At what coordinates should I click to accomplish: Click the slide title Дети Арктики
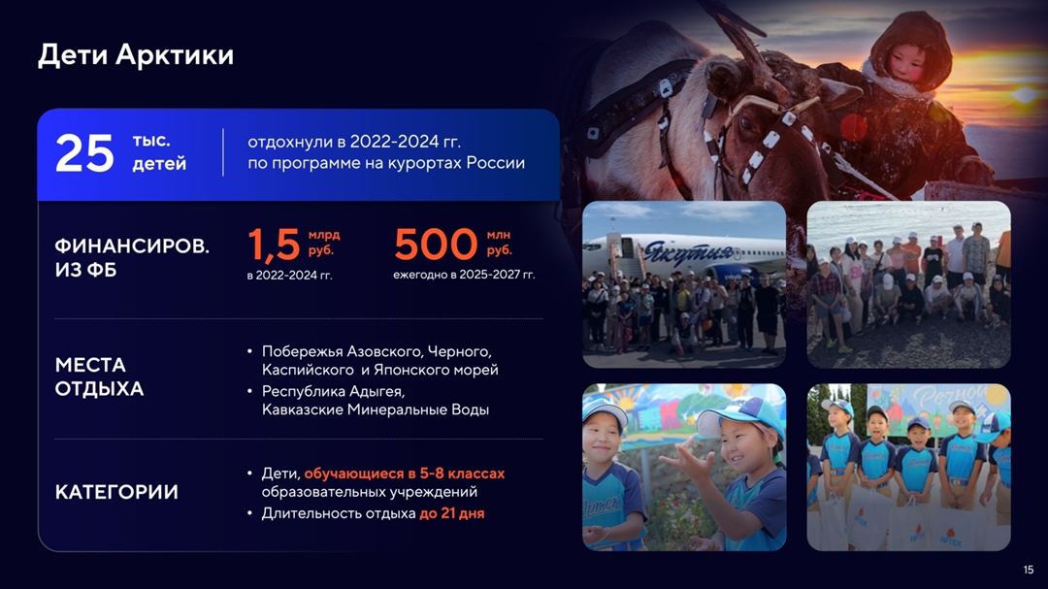136,54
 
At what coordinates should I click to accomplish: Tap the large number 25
84,153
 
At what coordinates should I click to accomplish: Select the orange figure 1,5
274,244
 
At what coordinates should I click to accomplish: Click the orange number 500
436,244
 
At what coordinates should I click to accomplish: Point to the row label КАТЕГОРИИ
116,492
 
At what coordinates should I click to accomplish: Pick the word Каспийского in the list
308,370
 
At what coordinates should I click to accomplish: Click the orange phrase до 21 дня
452,513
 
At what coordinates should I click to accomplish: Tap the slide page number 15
1028,570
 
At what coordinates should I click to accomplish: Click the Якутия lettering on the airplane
688,253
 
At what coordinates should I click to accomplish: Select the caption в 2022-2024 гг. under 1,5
289,275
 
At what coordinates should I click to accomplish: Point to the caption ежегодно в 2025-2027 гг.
464,274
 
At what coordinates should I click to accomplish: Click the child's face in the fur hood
907,61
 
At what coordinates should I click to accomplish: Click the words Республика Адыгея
333,391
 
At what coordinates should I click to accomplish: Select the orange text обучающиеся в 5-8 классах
405,474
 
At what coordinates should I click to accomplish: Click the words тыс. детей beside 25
159,152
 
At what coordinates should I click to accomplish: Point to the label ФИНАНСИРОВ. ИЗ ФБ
132,257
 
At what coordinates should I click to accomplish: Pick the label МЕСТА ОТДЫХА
99,376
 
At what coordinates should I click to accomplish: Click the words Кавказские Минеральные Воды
375,409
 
